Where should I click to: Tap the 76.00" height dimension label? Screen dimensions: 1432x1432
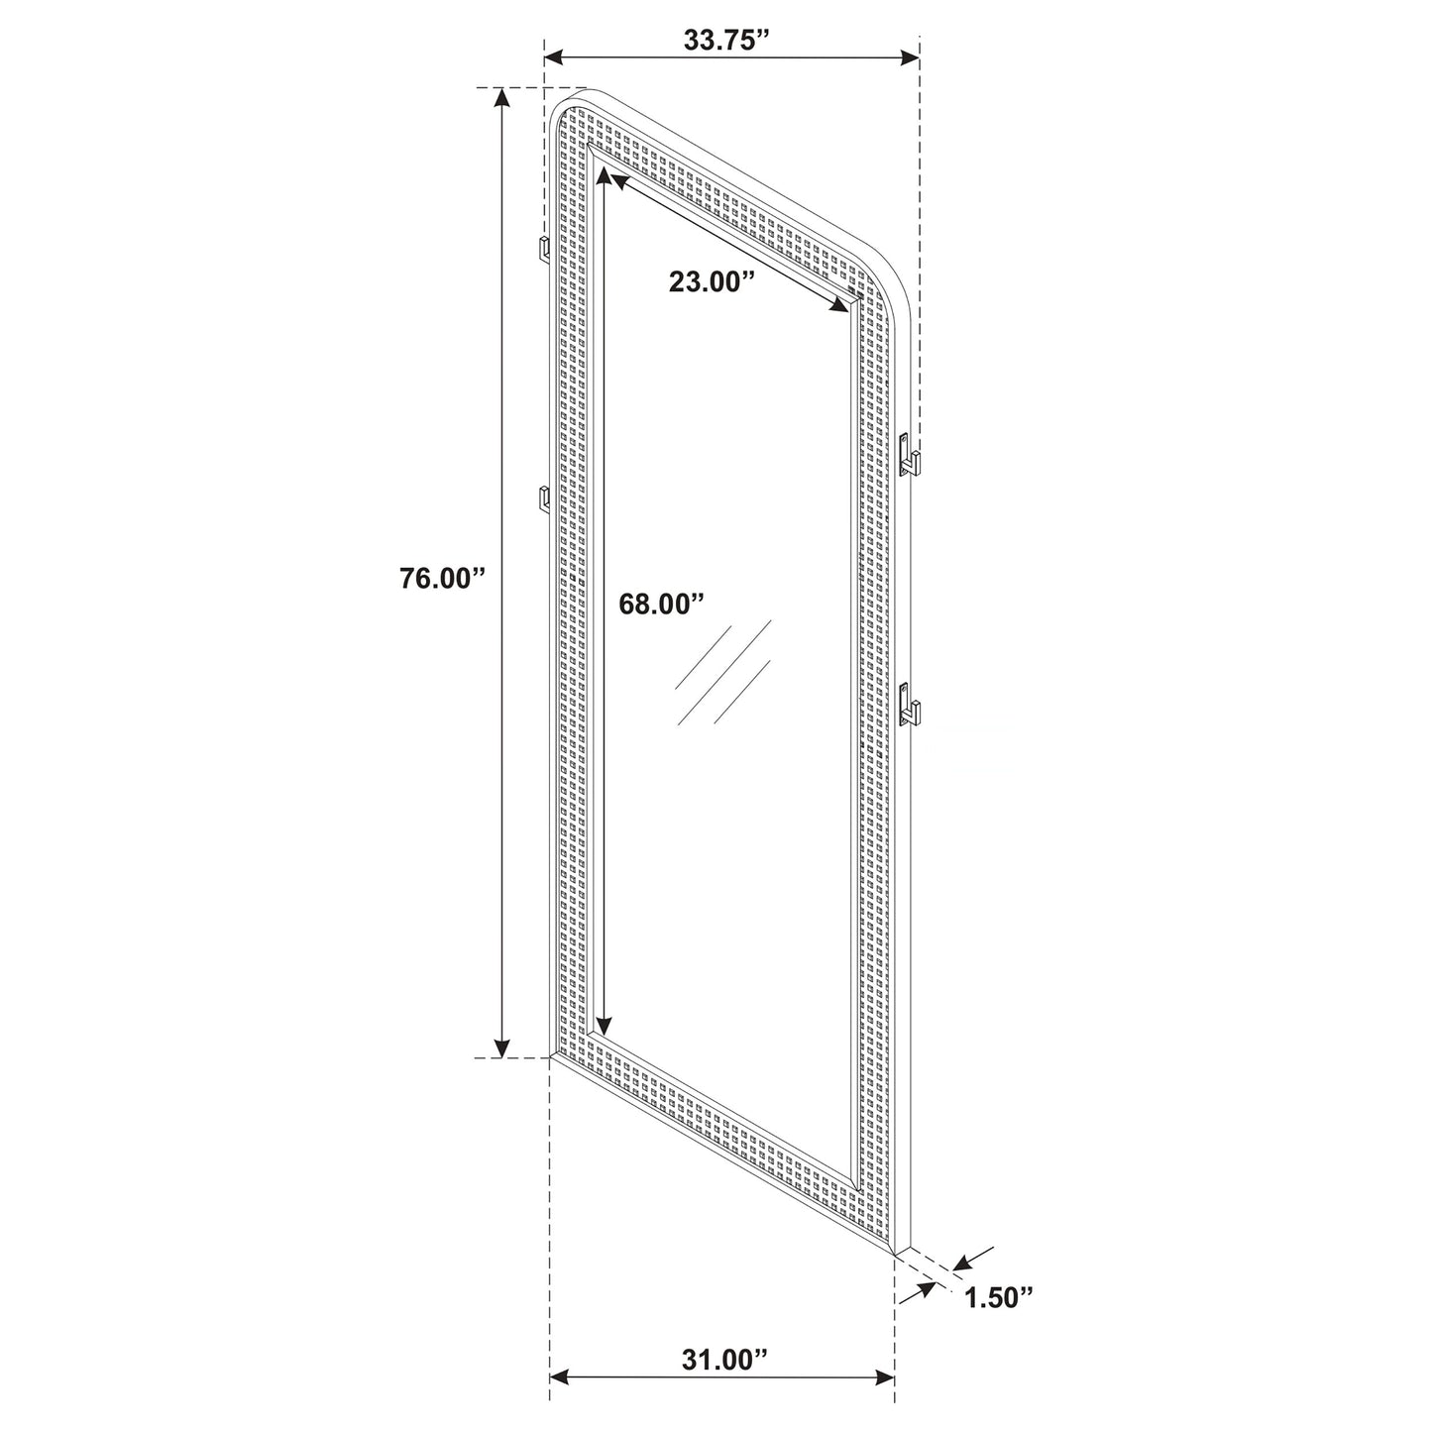[x=441, y=579]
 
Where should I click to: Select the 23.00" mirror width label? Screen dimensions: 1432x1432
[x=712, y=281]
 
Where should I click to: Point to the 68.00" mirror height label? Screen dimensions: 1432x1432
[x=661, y=604]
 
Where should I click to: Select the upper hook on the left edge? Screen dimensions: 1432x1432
[x=544, y=250]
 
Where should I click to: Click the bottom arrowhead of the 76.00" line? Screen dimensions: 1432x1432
[x=503, y=1045]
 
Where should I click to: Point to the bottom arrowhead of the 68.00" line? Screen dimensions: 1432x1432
[x=604, y=1026]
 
